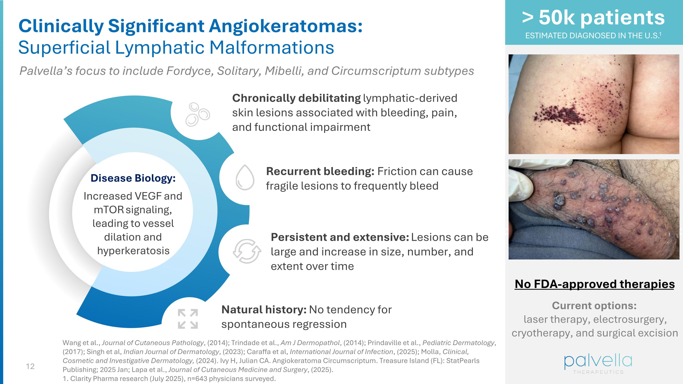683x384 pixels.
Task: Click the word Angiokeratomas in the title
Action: click(x=285, y=26)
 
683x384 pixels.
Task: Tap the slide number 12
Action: click(x=30, y=366)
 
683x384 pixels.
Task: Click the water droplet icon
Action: click(x=245, y=178)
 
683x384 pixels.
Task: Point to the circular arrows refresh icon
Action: click(x=247, y=251)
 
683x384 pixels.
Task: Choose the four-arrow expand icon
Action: click(x=188, y=319)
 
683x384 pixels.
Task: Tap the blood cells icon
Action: click(x=198, y=114)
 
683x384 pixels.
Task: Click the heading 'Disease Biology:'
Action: click(x=133, y=178)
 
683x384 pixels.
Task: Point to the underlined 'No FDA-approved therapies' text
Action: click(x=594, y=284)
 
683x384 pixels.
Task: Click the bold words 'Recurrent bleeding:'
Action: click(x=320, y=171)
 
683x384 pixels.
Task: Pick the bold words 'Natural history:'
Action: click(x=264, y=310)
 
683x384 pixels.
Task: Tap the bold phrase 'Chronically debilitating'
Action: click(x=296, y=98)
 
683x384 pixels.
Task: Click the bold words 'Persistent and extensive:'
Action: click(x=340, y=237)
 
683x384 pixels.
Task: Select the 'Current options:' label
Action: click(x=594, y=305)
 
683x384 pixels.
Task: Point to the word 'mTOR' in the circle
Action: click(x=109, y=210)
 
